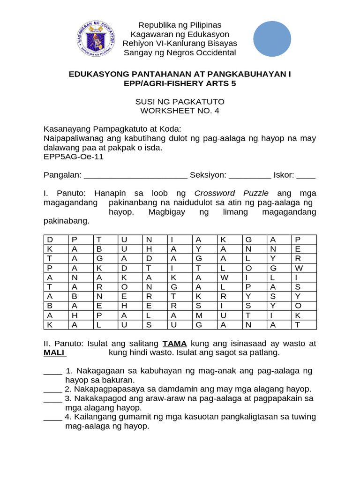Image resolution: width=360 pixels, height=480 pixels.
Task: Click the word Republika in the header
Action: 153,25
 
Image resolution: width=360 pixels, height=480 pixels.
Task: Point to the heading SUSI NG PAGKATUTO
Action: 180,102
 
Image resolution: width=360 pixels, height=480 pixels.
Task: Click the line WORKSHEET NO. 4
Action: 180,111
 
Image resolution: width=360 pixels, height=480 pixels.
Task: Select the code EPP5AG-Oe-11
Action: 74,157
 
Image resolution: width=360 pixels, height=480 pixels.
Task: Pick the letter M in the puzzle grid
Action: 199,315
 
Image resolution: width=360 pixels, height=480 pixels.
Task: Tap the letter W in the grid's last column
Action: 299,268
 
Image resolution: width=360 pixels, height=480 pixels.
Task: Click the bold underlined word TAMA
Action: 175,344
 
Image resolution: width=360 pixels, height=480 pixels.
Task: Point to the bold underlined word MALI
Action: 55,352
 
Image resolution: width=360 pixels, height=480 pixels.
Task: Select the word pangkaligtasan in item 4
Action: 232,417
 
